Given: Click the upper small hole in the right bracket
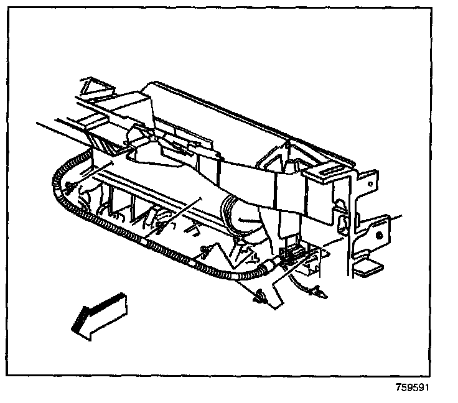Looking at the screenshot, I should pos(369,184).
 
